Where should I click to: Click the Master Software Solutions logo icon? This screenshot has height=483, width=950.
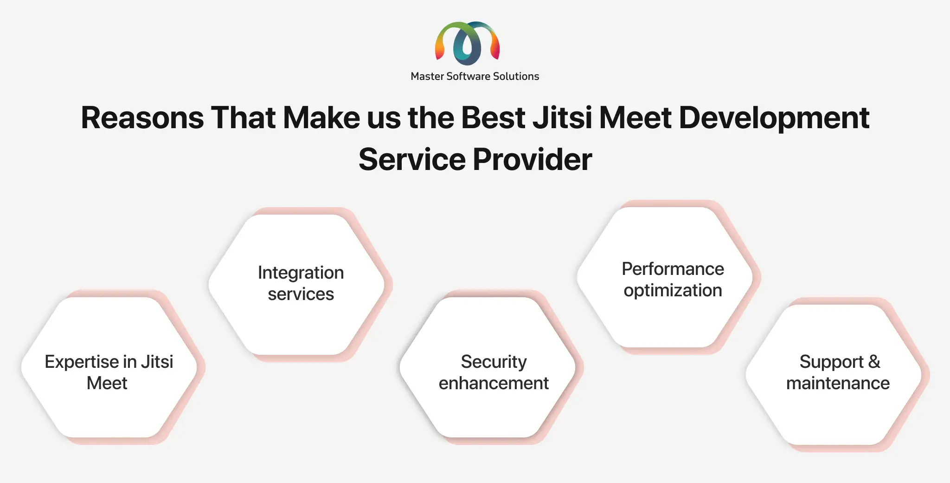point(468,43)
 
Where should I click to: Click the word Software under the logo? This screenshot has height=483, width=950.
point(468,76)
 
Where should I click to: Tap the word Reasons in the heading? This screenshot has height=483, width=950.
point(142,117)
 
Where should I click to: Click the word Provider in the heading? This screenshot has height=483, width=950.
point(533,159)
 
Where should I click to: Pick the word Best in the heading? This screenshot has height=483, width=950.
point(493,117)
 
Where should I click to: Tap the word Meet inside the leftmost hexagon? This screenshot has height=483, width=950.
point(107,383)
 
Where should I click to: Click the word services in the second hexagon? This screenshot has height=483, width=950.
point(301,294)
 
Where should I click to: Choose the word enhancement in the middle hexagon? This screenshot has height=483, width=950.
point(494,383)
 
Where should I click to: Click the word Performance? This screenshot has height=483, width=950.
point(673,269)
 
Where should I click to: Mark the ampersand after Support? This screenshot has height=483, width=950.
point(874,361)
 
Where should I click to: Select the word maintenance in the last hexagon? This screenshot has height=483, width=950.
point(838,383)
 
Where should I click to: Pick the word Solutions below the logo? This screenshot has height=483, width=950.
point(516,76)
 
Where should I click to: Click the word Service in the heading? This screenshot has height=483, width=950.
point(412,159)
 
